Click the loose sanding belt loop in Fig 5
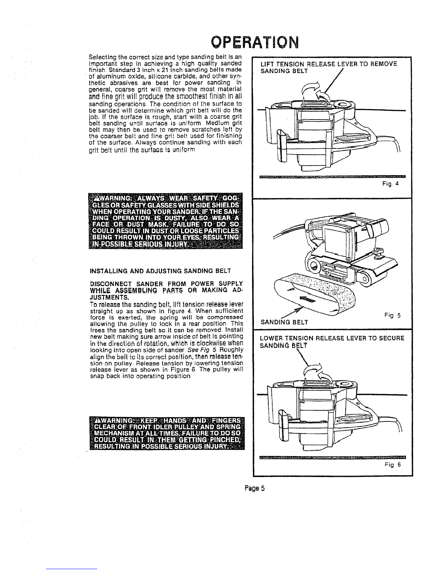point(311,296)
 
